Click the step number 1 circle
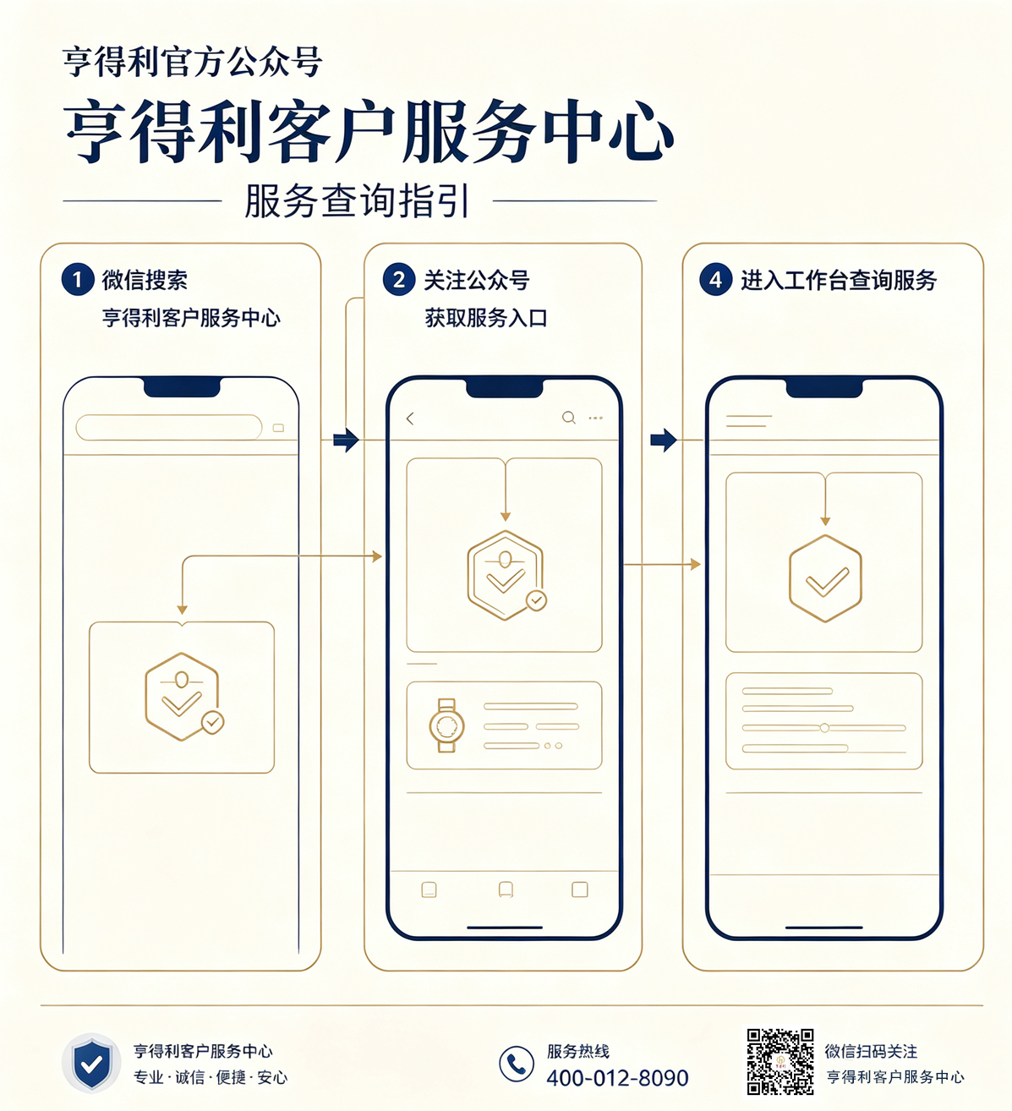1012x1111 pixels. [x=78, y=279]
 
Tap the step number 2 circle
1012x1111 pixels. [x=399, y=279]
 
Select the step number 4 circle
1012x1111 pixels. [x=715, y=279]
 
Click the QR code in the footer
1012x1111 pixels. [x=780, y=1062]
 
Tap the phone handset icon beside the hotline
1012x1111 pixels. [x=517, y=1064]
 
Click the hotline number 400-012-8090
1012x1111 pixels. [x=617, y=1078]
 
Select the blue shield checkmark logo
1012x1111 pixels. [x=91, y=1064]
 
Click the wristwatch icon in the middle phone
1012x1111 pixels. [x=446, y=725]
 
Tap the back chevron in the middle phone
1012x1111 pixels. [x=410, y=419]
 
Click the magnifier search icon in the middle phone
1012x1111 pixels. [x=569, y=418]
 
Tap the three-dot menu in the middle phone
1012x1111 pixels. [x=595, y=419]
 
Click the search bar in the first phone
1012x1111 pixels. [x=169, y=427]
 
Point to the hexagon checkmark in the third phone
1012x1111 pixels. [x=825, y=578]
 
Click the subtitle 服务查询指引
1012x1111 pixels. [x=358, y=201]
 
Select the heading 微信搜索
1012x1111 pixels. [x=145, y=280]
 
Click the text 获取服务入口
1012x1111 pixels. [x=486, y=318]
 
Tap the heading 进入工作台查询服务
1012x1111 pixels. [x=839, y=280]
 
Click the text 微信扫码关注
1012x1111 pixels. [x=871, y=1051]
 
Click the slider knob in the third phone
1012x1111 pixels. [x=825, y=728]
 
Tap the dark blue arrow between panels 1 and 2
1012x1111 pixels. [x=346, y=441]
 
